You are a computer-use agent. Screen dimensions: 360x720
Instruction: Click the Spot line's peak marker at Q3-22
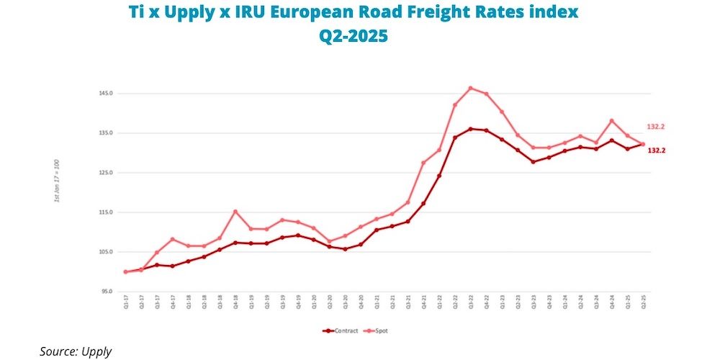pyautogui.click(x=470, y=88)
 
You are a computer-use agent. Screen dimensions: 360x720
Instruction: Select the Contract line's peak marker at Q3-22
pyautogui.click(x=470, y=129)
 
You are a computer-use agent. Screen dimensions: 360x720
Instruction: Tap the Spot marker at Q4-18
pyautogui.click(x=235, y=211)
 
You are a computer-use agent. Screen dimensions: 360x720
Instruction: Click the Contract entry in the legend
pyautogui.click(x=341, y=330)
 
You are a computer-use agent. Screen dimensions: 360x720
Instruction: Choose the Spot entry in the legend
pyautogui.click(x=379, y=330)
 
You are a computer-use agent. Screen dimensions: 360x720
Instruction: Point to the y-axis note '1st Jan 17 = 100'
pyautogui.click(x=57, y=185)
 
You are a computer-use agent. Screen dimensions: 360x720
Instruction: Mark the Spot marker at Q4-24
pyautogui.click(x=611, y=120)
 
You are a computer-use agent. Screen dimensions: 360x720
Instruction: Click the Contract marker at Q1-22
pyautogui.click(x=438, y=175)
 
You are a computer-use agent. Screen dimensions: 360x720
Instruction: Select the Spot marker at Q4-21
pyautogui.click(x=423, y=163)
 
